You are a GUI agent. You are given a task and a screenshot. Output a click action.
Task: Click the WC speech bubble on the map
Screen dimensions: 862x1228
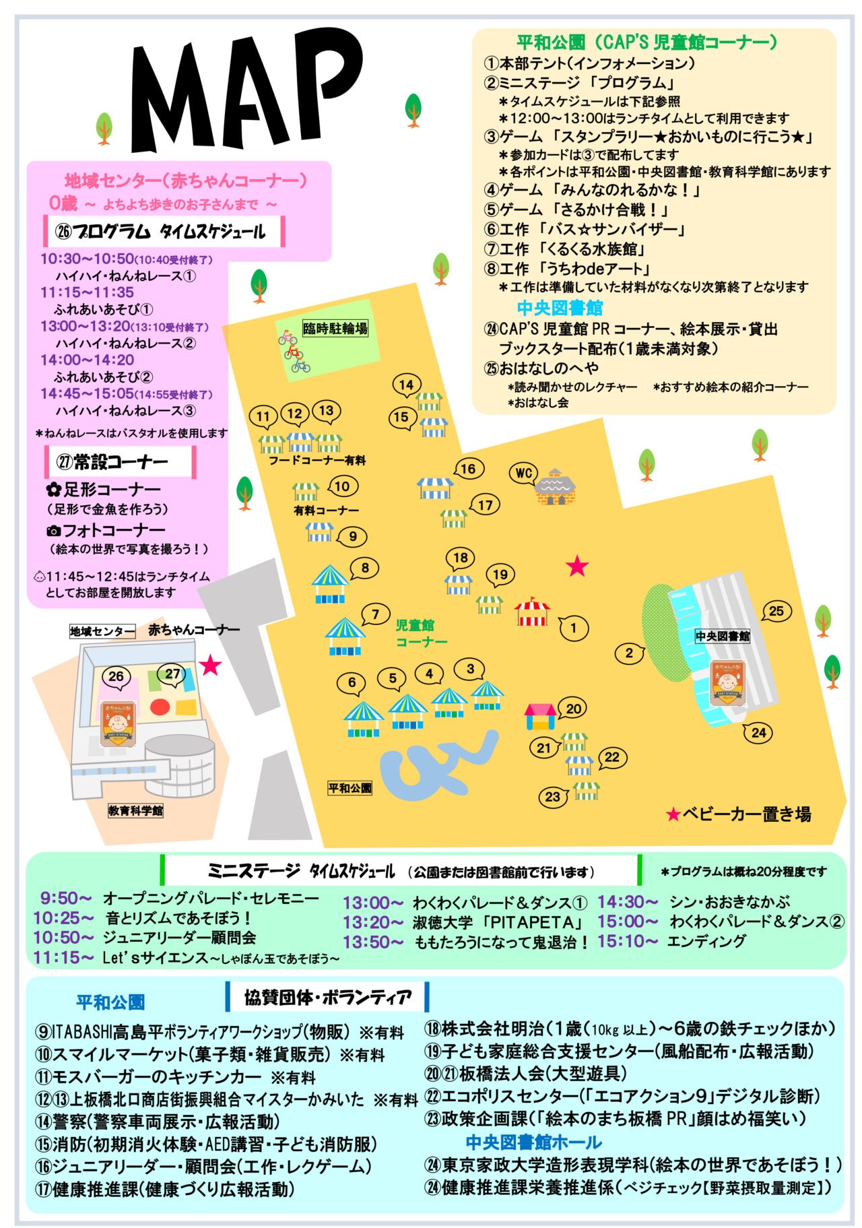click(524, 473)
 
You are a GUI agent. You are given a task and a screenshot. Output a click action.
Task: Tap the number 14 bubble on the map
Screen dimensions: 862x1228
click(406, 385)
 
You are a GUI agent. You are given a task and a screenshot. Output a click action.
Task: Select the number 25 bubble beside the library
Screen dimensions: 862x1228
click(776, 611)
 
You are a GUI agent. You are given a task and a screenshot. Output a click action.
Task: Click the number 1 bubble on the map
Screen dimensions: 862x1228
click(573, 628)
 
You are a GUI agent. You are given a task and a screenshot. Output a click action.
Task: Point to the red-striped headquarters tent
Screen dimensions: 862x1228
click(532, 612)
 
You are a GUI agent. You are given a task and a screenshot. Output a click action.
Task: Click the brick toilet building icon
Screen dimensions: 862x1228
click(555, 486)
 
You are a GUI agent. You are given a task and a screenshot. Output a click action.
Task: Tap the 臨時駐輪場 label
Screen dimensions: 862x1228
click(335, 329)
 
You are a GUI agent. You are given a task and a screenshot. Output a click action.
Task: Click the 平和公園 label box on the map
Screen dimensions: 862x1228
click(350, 787)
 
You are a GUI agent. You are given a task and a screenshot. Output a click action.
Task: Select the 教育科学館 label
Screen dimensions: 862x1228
click(135, 810)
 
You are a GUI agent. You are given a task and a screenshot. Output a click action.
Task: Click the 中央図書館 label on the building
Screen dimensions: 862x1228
click(723, 636)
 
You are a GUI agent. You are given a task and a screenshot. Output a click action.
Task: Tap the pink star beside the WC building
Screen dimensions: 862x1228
click(577, 566)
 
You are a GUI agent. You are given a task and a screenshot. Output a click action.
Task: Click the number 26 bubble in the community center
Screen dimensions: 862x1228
click(116, 676)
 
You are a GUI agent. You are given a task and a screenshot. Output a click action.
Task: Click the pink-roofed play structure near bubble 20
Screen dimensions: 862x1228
click(540, 717)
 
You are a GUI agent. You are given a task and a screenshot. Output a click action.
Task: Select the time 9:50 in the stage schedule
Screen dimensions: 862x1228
click(65, 898)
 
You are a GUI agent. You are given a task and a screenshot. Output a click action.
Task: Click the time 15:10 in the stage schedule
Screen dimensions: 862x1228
click(627, 941)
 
